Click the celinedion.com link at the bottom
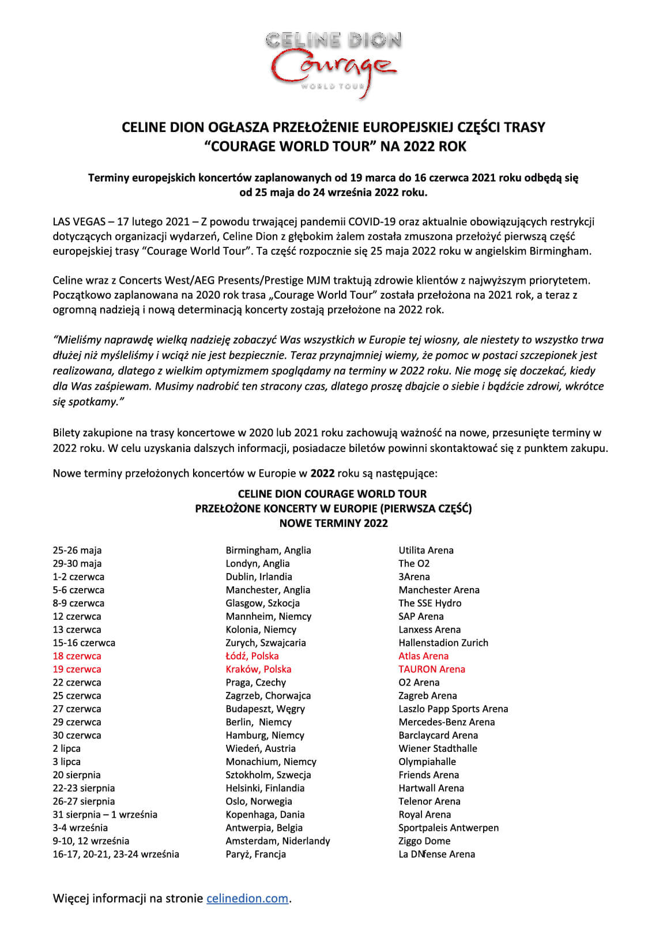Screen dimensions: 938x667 point(247,898)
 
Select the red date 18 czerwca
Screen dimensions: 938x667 point(77,656)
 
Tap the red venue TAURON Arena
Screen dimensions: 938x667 point(431,669)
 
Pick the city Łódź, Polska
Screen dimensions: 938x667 point(252,656)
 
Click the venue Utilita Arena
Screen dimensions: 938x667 point(426,550)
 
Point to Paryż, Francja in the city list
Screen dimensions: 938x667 point(255,854)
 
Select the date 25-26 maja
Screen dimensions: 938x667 point(77,550)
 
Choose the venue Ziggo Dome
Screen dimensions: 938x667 point(424,841)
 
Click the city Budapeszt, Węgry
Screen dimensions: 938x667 point(265,709)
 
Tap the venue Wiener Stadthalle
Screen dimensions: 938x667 point(438,748)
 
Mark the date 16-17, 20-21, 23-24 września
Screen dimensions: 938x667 point(116,854)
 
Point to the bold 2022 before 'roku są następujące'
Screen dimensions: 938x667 point(322,474)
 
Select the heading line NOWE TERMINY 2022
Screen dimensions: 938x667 point(333,523)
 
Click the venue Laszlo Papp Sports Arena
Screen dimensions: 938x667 point(453,709)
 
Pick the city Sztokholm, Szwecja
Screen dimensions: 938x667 point(268,775)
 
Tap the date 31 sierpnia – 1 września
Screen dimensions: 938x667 point(105,815)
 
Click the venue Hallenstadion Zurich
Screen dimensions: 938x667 point(443,643)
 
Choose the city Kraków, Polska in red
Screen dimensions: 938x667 point(258,669)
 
